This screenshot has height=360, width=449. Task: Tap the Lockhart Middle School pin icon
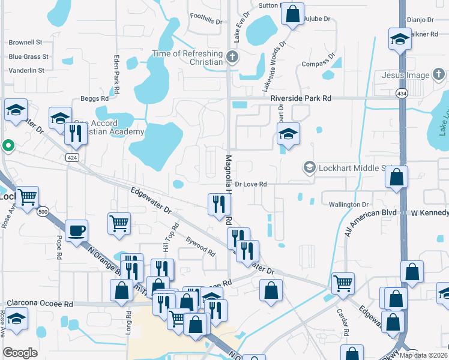[x=310, y=167]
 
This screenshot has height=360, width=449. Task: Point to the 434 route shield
[x=402, y=93]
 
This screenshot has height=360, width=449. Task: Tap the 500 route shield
[x=43, y=212]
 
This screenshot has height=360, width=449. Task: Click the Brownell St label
[x=25, y=43]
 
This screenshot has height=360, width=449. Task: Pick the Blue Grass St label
[x=28, y=57]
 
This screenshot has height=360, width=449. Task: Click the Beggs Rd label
[x=94, y=98]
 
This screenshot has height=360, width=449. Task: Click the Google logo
[x=20, y=353]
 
